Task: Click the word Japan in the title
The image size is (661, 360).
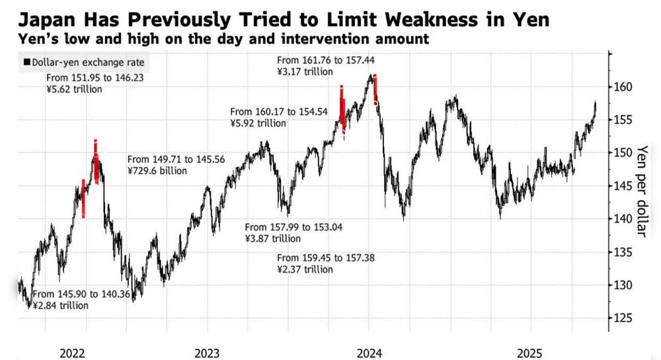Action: (x=40, y=18)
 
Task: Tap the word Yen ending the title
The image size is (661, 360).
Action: (x=528, y=18)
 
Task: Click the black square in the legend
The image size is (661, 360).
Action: (x=26, y=63)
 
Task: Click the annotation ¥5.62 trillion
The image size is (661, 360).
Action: (x=74, y=89)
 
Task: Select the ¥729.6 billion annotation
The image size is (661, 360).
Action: (x=157, y=170)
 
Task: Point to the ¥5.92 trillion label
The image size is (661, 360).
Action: (x=258, y=123)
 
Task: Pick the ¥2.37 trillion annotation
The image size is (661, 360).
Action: (x=305, y=270)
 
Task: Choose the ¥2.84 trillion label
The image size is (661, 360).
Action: (x=60, y=305)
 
